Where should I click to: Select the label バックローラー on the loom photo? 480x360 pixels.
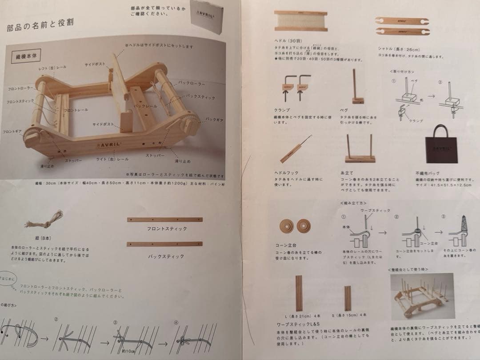192,83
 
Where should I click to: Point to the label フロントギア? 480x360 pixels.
12,132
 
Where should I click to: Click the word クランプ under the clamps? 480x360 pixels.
283,110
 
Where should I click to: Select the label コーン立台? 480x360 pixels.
286,245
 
